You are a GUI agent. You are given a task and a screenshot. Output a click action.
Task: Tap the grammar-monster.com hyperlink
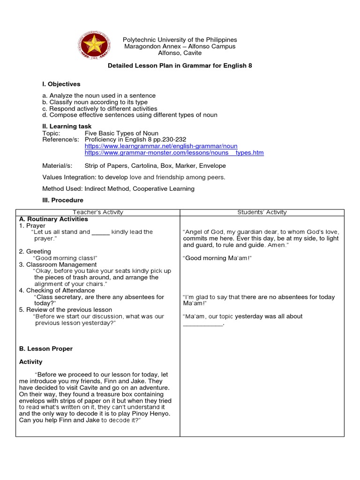tap(174, 153)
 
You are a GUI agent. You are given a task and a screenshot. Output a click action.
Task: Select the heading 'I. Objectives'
tap(61, 84)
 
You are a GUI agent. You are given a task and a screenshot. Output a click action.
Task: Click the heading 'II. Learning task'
tap(67, 127)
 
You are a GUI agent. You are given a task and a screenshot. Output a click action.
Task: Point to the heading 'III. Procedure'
tap(63, 200)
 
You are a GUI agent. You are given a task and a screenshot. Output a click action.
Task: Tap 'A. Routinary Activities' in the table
tap(53, 219)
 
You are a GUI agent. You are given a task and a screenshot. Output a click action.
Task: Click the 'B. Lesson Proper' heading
tap(46, 349)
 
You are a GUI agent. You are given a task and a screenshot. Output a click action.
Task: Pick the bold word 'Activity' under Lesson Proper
tap(30, 362)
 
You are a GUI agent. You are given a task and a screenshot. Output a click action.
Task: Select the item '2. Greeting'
tap(35, 252)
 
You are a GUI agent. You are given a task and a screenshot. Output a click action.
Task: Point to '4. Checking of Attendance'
tap(57, 291)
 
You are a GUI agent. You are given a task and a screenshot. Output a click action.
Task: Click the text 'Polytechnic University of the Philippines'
tap(180, 40)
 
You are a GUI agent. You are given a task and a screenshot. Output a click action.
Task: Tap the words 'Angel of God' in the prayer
tap(202, 232)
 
